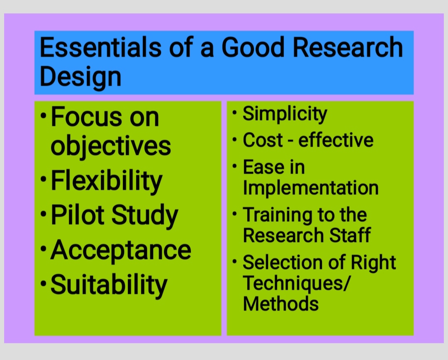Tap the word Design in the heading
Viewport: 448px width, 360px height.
click(x=80, y=77)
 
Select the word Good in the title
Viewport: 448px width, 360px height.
click(x=253, y=47)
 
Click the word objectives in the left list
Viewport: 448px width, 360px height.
click(x=111, y=146)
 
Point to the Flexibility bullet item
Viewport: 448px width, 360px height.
click(x=106, y=181)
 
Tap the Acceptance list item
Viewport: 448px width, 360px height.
click(x=121, y=250)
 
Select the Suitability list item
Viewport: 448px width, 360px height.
click(x=109, y=285)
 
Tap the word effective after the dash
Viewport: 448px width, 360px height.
click(x=336, y=140)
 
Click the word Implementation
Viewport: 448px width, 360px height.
click(x=311, y=187)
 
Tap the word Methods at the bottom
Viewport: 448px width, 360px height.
click(x=281, y=304)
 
